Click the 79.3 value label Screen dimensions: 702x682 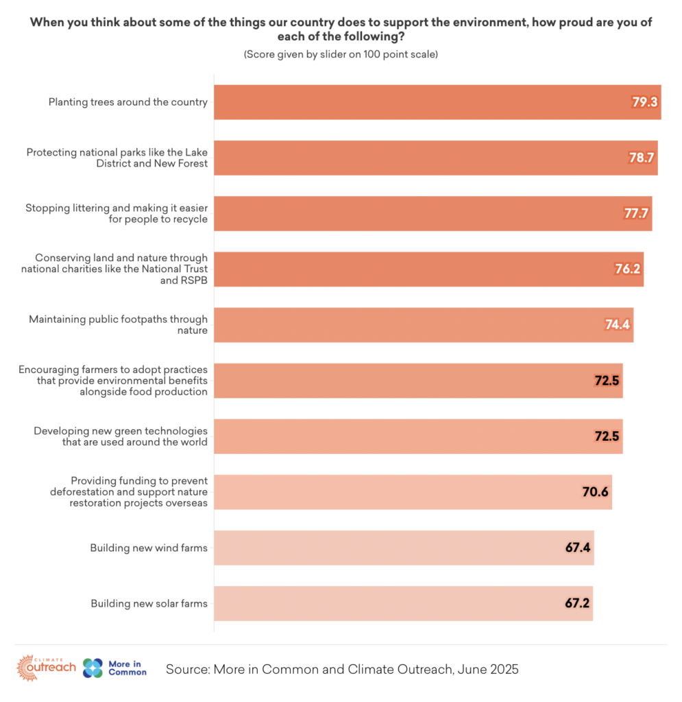click(x=644, y=102)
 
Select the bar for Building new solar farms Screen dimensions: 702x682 click(x=403, y=603)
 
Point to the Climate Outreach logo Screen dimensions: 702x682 click(x=47, y=668)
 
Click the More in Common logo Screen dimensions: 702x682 click(x=114, y=668)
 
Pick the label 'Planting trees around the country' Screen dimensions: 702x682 click(x=127, y=102)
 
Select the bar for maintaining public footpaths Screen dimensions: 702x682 click(x=424, y=325)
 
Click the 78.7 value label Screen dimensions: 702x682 click(x=642, y=158)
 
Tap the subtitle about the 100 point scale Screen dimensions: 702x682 click(x=341, y=54)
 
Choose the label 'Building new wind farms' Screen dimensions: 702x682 click(x=149, y=548)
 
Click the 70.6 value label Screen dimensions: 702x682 click(x=595, y=492)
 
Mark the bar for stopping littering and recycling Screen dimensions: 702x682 click(x=433, y=213)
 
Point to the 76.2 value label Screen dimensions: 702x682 click(x=627, y=269)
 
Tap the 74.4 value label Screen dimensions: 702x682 click(x=617, y=325)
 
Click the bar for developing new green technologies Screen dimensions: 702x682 click(x=418, y=436)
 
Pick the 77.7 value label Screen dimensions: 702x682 click(x=635, y=213)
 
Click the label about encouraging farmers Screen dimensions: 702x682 click(x=114, y=380)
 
